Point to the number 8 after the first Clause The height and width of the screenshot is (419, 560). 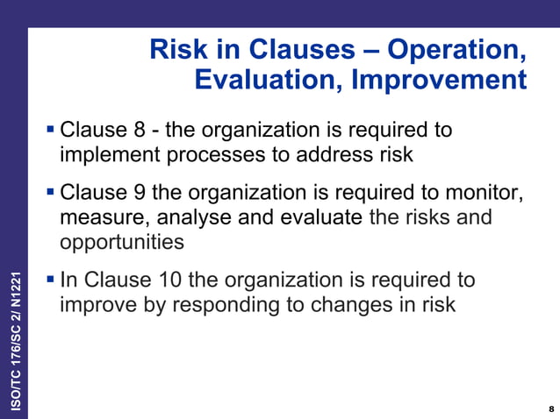[139, 131]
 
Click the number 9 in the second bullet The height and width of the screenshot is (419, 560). [139, 192]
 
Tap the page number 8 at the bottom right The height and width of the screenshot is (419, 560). [550, 409]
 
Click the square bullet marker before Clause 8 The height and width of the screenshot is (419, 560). [50, 131]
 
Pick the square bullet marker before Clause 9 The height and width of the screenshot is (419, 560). [50, 192]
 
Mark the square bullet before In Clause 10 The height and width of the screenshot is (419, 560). [50, 280]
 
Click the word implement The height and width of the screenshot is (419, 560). [109, 155]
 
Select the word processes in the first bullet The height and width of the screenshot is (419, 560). [210, 155]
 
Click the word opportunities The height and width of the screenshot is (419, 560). [122, 241]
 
